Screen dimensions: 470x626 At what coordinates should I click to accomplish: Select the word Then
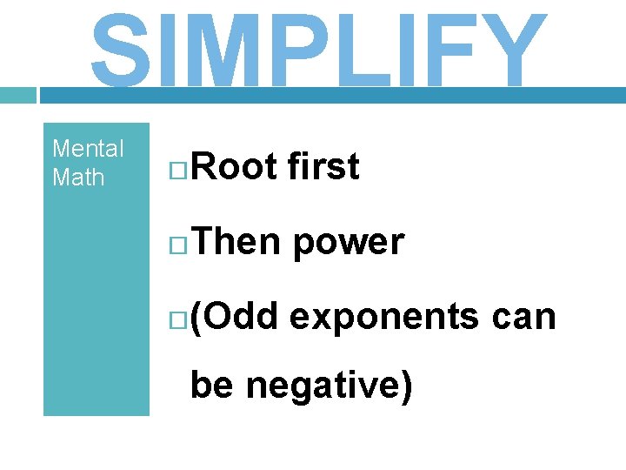pyautogui.click(x=236, y=242)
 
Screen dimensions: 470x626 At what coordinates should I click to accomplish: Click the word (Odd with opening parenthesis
pyautogui.click(x=233, y=318)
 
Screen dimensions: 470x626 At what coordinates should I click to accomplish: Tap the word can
pyautogui.click(x=523, y=318)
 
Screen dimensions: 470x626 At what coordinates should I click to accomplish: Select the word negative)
pyautogui.click(x=329, y=385)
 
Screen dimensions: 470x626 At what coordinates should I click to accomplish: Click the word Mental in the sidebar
pyautogui.click(x=88, y=149)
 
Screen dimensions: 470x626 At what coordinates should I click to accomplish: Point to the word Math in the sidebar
pyautogui.click(x=78, y=178)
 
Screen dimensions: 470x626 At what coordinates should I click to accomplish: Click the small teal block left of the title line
pyautogui.click(x=17, y=95)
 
